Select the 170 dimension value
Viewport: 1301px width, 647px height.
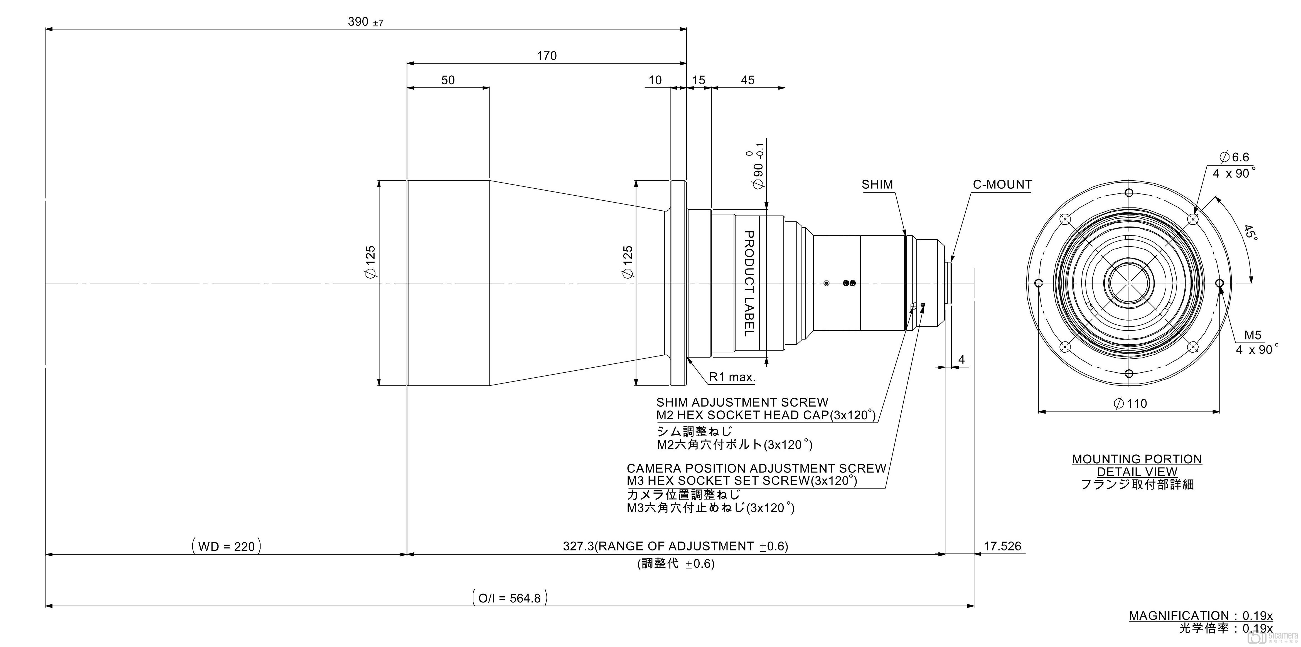(547, 56)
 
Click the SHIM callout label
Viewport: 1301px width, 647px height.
(877, 185)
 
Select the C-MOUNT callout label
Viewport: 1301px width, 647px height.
(1002, 185)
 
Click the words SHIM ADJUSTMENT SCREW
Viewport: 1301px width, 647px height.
(742, 403)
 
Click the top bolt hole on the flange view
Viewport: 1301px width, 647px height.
(1129, 193)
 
